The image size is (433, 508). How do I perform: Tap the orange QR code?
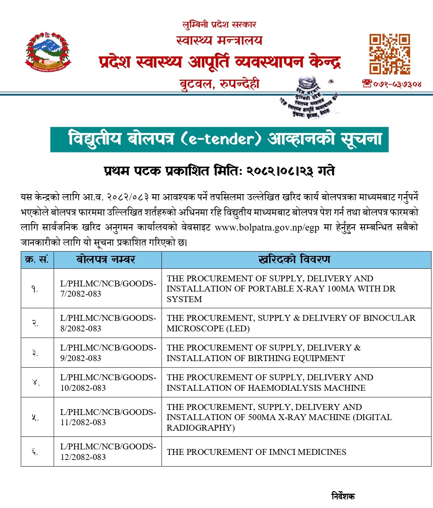point(390,54)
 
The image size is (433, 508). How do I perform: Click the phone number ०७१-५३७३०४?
point(392,84)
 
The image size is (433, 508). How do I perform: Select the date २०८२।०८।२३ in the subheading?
point(279,171)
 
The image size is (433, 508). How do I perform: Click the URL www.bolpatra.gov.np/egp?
point(267,227)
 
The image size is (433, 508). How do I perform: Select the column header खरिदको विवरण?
point(295,259)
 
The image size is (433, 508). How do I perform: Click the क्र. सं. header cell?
point(37,259)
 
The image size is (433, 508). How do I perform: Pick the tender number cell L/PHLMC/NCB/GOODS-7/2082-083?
point(108,288)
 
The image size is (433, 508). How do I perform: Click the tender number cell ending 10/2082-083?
point(108,383)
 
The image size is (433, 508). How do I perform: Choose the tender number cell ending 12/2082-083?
point(108,452)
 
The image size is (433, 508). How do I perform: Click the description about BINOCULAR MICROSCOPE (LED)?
point(291,323)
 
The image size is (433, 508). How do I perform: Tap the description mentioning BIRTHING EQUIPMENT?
point(263,353)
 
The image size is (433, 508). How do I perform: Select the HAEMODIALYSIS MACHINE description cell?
point(270,383)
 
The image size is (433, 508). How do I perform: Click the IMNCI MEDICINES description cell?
point(256,452)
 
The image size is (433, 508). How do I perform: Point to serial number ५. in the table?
point(35,417)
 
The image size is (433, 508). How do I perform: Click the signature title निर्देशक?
point(343,496)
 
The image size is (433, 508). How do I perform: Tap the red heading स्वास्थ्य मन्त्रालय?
point(219,40)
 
